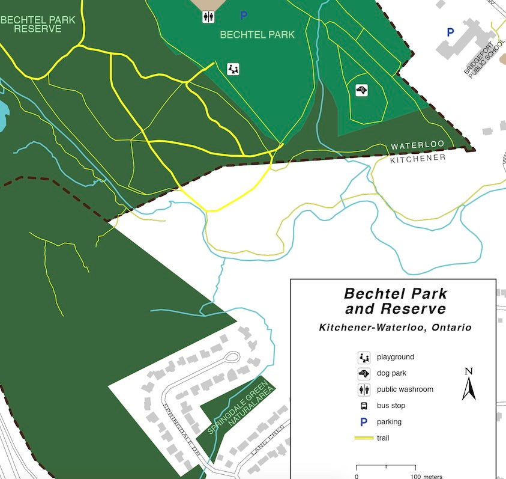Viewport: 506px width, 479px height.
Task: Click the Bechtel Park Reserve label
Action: tap(37, 24)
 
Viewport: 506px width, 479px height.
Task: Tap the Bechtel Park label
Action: tap(258, 35)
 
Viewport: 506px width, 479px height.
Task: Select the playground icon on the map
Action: tap(233, 69)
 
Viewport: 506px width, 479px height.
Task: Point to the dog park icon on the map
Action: tap(361, 90)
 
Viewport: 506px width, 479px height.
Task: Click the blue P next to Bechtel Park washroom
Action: tap(244, 15)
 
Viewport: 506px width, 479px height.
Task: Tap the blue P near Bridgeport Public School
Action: tap(450, 32)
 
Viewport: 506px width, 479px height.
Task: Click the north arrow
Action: tap(469, 384)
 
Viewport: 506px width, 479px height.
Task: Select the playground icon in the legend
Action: tap(364, 358)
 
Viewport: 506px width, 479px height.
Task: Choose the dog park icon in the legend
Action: tap(364, 374)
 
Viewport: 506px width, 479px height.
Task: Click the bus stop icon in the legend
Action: tap(364, 406)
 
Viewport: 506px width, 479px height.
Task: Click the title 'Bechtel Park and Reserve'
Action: tap(396, 302)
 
